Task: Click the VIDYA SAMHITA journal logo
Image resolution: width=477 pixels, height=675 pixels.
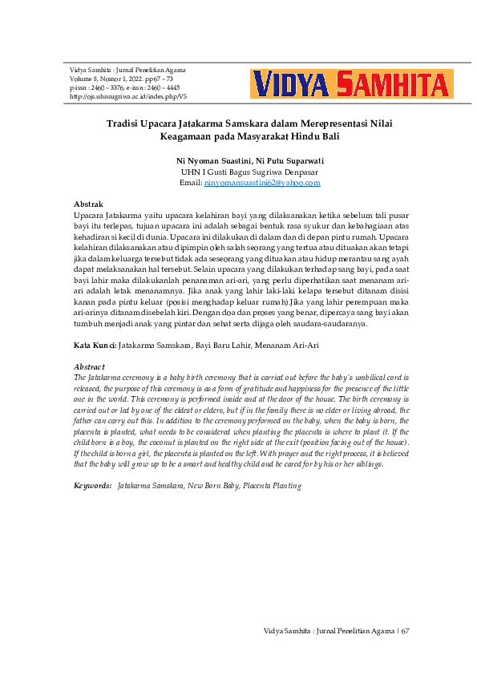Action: [x=351, y=84]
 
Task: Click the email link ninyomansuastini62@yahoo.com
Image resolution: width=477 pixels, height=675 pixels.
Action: [x=262, y=183]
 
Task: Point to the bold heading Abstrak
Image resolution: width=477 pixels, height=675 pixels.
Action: [x=88, y=205]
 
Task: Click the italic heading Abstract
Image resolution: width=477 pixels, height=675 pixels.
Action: [x=89, y=366]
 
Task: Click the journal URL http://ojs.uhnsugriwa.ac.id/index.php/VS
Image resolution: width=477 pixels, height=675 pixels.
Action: [x=128, y=96]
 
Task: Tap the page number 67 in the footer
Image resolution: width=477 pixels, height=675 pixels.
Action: [x=405, y=631]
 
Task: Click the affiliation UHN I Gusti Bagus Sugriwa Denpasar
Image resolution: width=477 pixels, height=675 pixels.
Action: [x=249, y=172]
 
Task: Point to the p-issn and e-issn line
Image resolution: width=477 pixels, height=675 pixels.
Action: [x=125, y=87]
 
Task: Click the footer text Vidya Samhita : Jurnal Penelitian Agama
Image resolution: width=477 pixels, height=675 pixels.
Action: [x=327, y=631]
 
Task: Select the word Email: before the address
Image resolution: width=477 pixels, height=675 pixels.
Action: [x=192, y=183]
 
